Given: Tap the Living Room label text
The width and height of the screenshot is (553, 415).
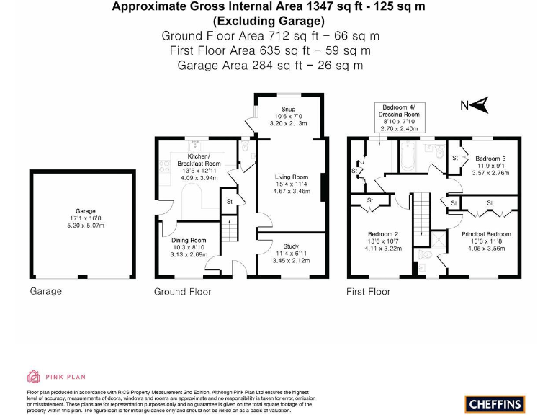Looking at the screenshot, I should point(292,177).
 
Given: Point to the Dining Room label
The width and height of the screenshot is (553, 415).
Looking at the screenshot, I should point(189,240).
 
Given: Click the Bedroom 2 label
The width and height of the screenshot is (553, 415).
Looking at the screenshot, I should point(382,234).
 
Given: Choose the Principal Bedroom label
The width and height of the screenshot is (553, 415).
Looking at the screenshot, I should point(487,234).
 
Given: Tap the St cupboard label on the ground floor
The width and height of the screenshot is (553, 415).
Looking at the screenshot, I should point(230,201).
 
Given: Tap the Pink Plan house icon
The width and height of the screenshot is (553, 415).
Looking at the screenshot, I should point(34,376).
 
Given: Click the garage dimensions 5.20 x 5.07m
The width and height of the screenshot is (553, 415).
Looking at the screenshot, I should point(81,226).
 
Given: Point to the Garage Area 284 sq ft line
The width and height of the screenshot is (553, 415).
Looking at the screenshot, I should point(270,65).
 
